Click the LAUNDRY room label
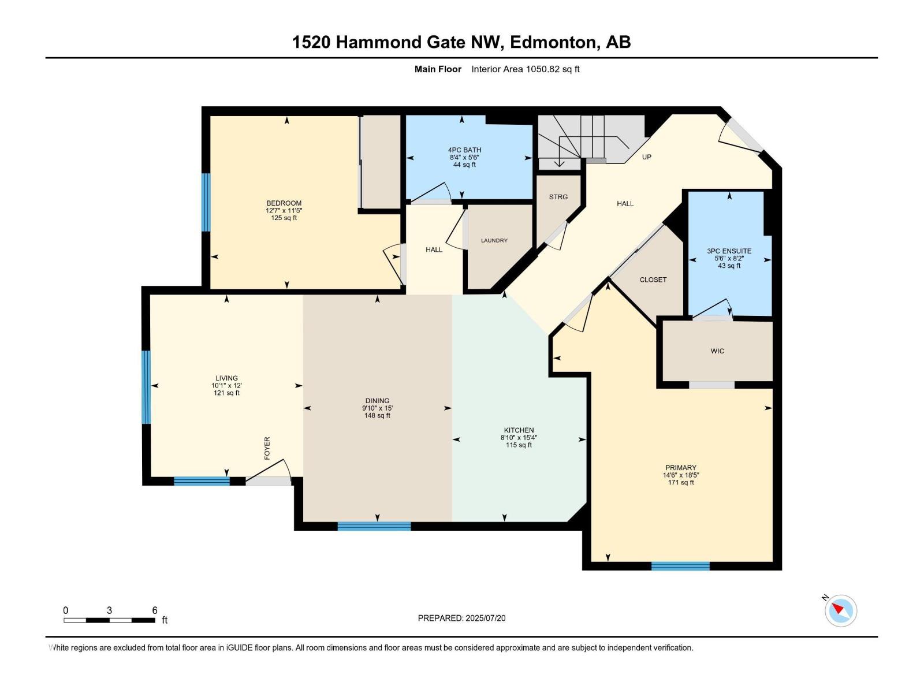[494, 240]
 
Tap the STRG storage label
[558, 197]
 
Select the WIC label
[717, 351]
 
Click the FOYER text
[267, 448]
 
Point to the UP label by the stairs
[647, 157]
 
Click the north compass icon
[841, 610]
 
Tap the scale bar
[109, 620]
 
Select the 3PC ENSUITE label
[729, 251]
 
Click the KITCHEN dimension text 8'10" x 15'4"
[519, 438]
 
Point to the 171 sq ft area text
[681, 483]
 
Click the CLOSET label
[653, 280]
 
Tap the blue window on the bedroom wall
[206, 202]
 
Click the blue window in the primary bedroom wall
[680, 566]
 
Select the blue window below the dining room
[374, 526]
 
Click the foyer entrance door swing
[270, 471]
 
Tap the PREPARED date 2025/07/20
[485, 618]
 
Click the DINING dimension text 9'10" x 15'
[377, 408]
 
